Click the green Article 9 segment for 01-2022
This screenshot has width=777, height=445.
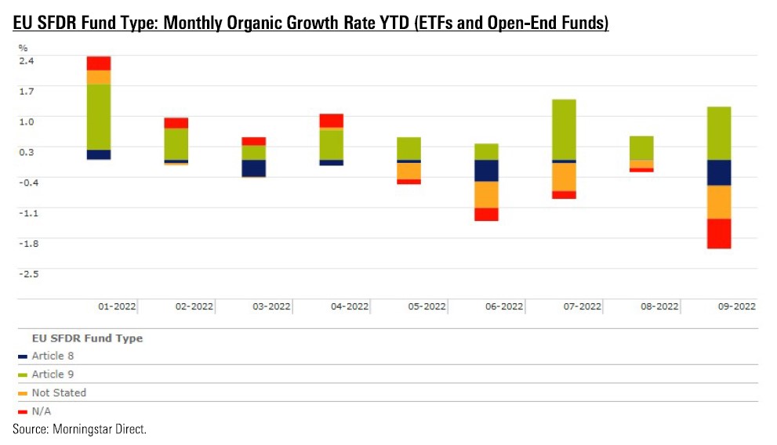(x=98, y=117)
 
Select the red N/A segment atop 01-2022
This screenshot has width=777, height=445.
(x=98, y=63)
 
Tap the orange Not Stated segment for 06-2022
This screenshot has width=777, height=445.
(x=486, y=194)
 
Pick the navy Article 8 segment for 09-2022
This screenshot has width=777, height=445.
(x=719, y=172)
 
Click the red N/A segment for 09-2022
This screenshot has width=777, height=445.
(x=719, y=233)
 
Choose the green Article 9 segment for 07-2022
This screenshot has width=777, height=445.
(x=564, y=129)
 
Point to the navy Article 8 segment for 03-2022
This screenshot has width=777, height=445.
(x=253, y=168)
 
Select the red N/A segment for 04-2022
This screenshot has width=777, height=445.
(x=331, y=121)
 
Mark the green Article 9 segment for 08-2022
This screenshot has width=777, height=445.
(x=641, y=148)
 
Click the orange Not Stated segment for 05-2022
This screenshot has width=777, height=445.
(x=408, y=171)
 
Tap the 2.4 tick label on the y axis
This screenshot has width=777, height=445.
(x=27, y=60)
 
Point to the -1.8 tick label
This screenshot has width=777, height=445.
(x=28, y=243)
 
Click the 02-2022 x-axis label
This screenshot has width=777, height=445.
(x=193, y=307)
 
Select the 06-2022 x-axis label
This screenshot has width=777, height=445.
(x=503, y=307)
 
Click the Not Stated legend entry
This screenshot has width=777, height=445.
(x=58, y=393)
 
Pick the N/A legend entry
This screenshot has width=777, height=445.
(x=40, y=411)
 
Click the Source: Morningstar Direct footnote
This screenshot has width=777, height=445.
(x=79, y=429)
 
